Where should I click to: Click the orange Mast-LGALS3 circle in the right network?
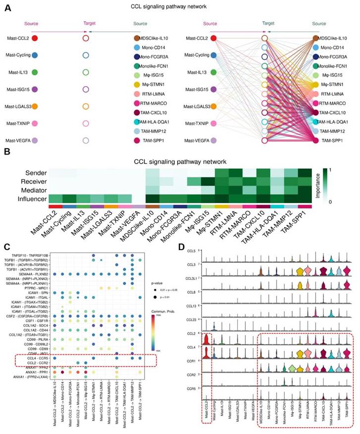click(x=214, y=107)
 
